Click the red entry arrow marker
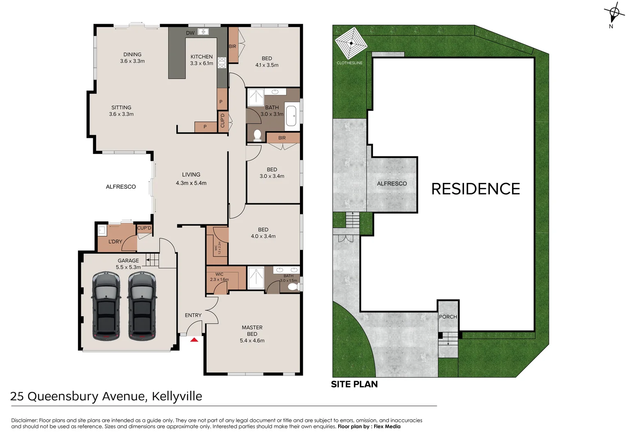point(194,340)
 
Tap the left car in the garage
point(106,306)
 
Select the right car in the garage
point(142,306)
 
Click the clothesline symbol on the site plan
point(351,43)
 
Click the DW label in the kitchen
point(190,33)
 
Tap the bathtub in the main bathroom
point(291,116)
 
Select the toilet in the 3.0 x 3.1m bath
point(257,135)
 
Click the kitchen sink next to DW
point(203,32)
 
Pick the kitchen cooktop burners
point(222,62)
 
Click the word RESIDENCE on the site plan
point(475,189)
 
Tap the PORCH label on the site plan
point(448,317)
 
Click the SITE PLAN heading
point(354,384)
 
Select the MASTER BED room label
point(252,331)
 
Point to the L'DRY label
point(115,242)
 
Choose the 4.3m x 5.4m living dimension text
point(191,183)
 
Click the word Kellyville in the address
point(177,396)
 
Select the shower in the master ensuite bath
point(256,278)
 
